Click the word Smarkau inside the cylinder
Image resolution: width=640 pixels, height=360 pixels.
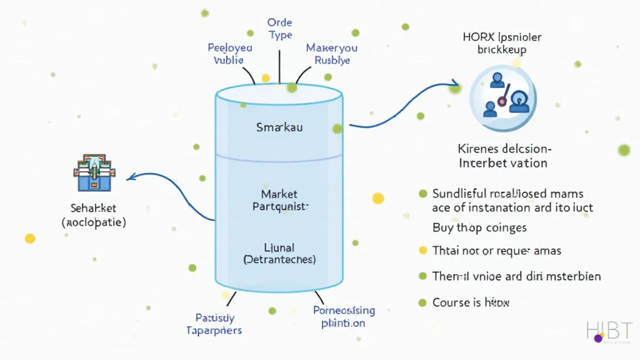[x=279, y=127]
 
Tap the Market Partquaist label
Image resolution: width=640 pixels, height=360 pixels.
[x=279, y=200]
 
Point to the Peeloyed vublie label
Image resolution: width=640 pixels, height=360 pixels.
[x=229, y=54]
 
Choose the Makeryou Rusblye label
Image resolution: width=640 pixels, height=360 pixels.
[x=332, y=54]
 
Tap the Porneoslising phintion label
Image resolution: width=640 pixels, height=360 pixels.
[x=344, y=316]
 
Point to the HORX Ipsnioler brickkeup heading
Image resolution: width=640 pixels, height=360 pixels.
[x=502, y=42]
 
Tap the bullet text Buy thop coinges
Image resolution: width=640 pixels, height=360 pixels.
[x=479, y=227]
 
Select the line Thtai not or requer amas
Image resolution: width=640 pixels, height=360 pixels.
[x=497, y=251]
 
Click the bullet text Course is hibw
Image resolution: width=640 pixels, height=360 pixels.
[x=471, y=302]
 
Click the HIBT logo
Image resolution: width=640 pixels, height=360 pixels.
[x=609, y=331]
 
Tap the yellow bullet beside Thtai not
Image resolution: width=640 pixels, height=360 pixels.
[x=422, y=251]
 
